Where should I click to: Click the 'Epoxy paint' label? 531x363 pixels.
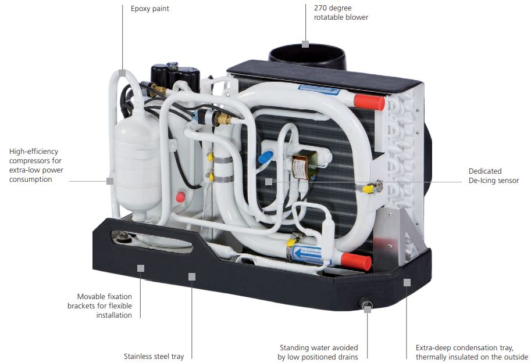pos(149,9)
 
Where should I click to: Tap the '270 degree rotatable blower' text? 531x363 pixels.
pos(341,13)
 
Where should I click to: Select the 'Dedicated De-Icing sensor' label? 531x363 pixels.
pos(493,176)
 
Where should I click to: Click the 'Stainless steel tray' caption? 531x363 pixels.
pos(154,356)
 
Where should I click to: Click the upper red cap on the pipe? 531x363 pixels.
pos(369,102)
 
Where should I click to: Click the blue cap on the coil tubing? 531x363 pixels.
pos(265,157)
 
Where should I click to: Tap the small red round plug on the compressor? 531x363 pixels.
pos(180,197)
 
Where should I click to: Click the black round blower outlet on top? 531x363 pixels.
pos(307,56)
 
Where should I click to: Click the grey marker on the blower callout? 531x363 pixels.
pos(305,44)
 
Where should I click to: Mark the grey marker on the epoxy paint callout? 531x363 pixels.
pos(122,73)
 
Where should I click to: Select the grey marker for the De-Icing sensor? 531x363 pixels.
pos(269,182)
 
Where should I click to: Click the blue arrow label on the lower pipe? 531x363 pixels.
pos(307,254)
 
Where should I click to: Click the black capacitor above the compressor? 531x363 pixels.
pos(175,77)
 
